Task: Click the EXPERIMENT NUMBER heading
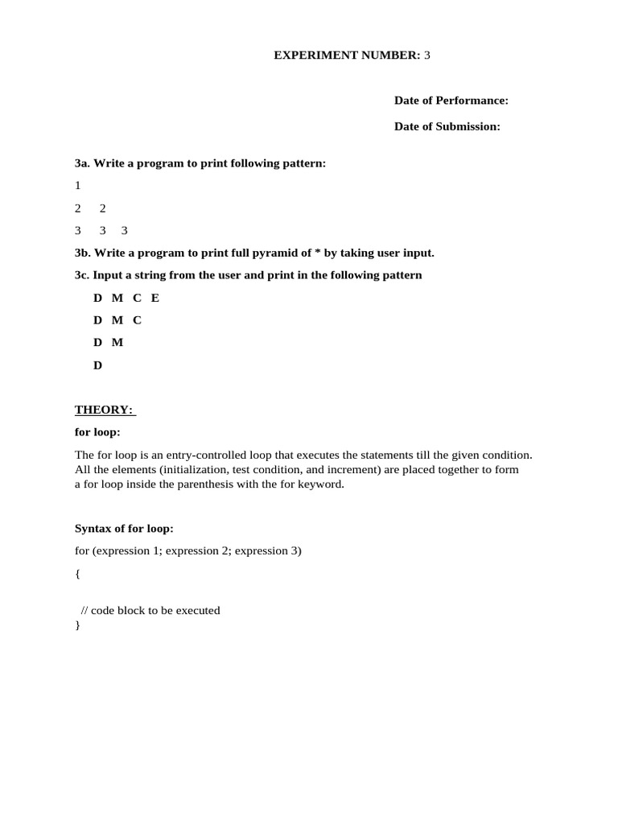(352, 55)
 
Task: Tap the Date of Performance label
(451, 101)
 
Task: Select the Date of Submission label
(447, 126)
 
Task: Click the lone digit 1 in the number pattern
(78, 185)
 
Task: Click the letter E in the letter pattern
(155, 298)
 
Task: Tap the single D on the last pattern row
(98, 365)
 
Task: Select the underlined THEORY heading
(105, 410)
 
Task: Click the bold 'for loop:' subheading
(97, 432)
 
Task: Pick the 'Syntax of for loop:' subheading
(124, 529)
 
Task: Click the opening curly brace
(77, 574)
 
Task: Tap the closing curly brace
(77, 624)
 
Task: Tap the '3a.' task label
(82, 163)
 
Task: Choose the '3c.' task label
(82, 275)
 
